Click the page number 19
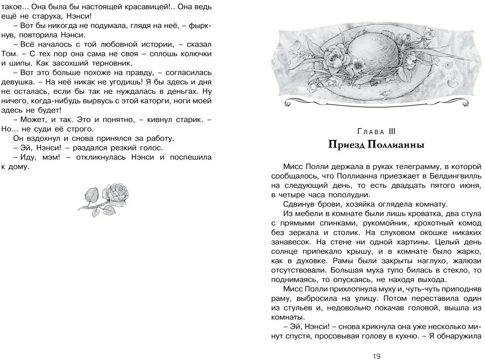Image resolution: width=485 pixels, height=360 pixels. point(376,356)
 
